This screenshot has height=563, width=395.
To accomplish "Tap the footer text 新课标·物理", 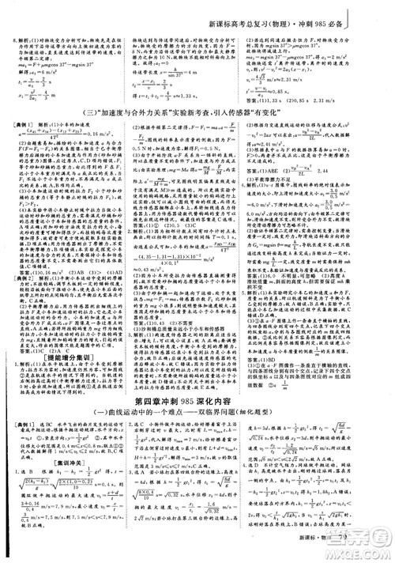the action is point(336,554).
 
